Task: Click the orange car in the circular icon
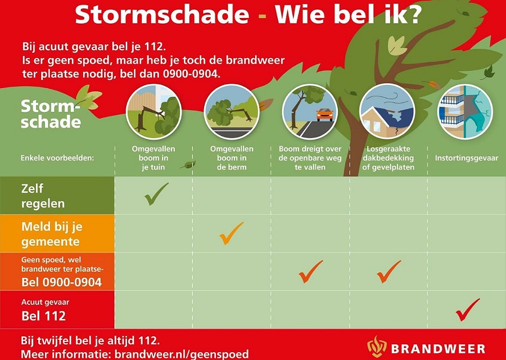(324, 115)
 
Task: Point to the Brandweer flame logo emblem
(377, 346)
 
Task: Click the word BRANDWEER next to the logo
(438, 349)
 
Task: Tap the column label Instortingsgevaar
(466, 158)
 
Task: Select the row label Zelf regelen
(43, 196)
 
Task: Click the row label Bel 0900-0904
(62, 282)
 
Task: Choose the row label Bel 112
(43, 316)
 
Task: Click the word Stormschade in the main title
(162, 14)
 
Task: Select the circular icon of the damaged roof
(387, 112)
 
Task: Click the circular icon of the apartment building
(465, 112)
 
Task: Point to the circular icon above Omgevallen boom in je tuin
(153, 112)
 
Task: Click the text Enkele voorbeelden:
(57, 158)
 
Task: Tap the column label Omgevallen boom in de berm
(232, 158)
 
